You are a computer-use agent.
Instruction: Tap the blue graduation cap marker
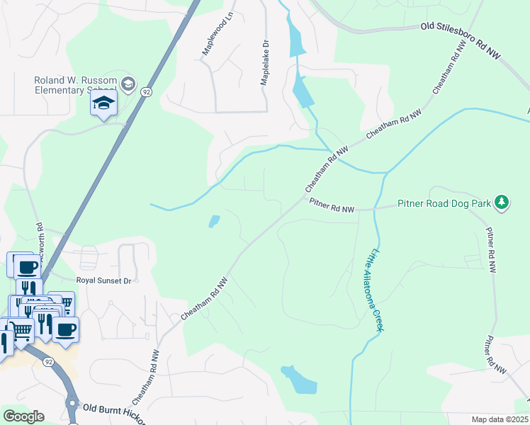coord(103,103)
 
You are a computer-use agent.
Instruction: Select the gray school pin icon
coord(128,85)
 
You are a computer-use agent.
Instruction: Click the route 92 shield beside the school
coord(146,92)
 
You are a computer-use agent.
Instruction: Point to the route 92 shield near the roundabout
coord(48,361)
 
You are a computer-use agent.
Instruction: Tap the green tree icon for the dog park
coord(502,203)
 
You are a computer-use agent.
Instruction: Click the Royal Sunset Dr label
coord(103,280)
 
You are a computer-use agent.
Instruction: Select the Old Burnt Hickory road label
coord(113,412)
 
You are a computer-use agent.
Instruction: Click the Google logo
coord(23,416)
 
